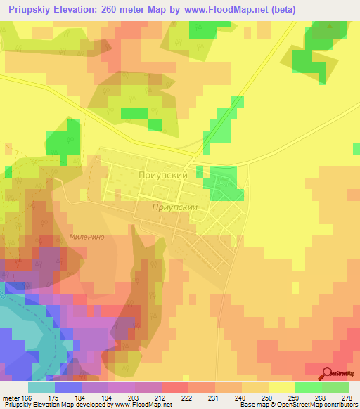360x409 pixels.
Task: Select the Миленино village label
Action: click(x=87, y=238)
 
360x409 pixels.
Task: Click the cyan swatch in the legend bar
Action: click(x=41, y=387)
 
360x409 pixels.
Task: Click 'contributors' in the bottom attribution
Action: click(x=341, y=405)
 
